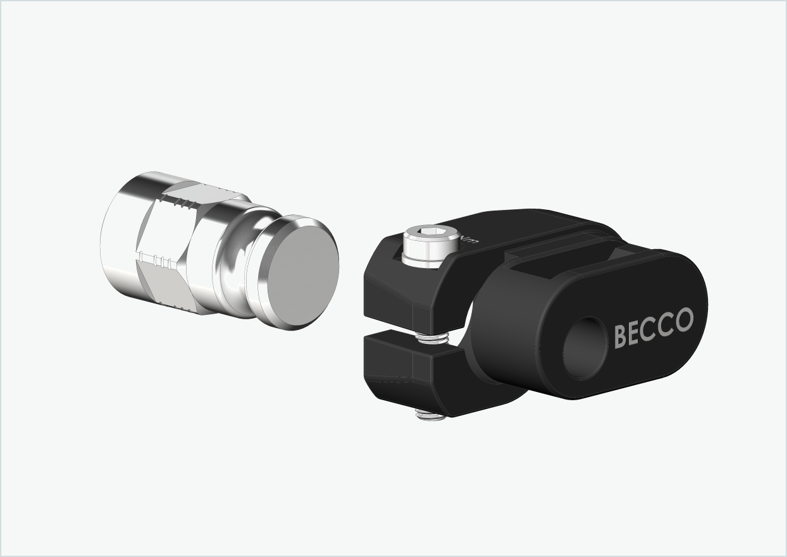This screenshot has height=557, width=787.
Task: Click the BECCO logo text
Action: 654,327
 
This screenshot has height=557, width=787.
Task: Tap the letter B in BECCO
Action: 621,336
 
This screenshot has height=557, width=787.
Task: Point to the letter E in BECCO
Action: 636,333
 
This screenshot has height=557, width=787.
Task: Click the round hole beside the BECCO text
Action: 585,348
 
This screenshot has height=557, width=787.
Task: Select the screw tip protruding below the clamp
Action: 429,415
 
